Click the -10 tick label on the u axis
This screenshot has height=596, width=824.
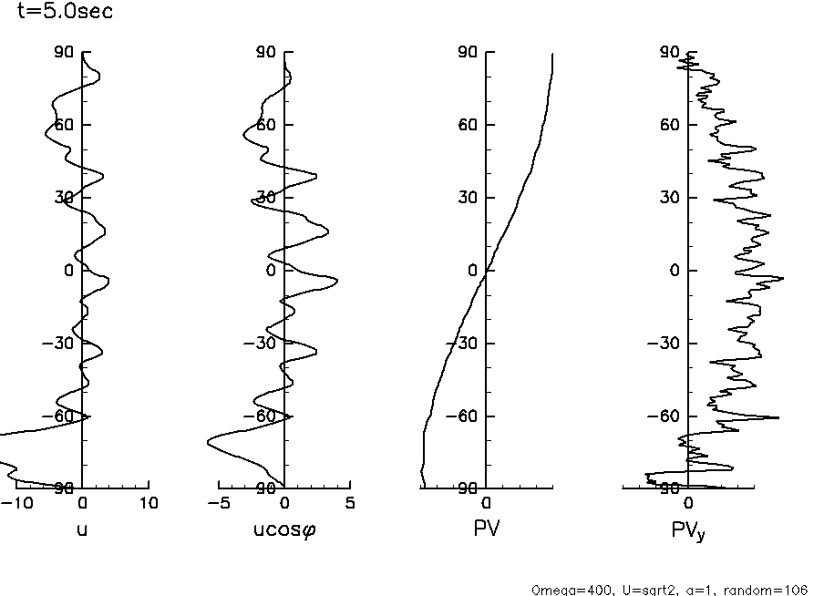[15, 502]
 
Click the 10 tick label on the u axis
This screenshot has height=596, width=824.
[148, 502]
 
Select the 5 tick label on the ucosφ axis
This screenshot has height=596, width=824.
[350, 502]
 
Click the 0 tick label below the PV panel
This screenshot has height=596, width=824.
[487, 502]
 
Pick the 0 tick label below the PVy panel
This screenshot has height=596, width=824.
[688, 502]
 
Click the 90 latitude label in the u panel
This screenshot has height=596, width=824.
[62, 52]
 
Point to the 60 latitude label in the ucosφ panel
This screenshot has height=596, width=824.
[264, 125]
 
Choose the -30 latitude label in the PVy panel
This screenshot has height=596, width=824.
[665, 344]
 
